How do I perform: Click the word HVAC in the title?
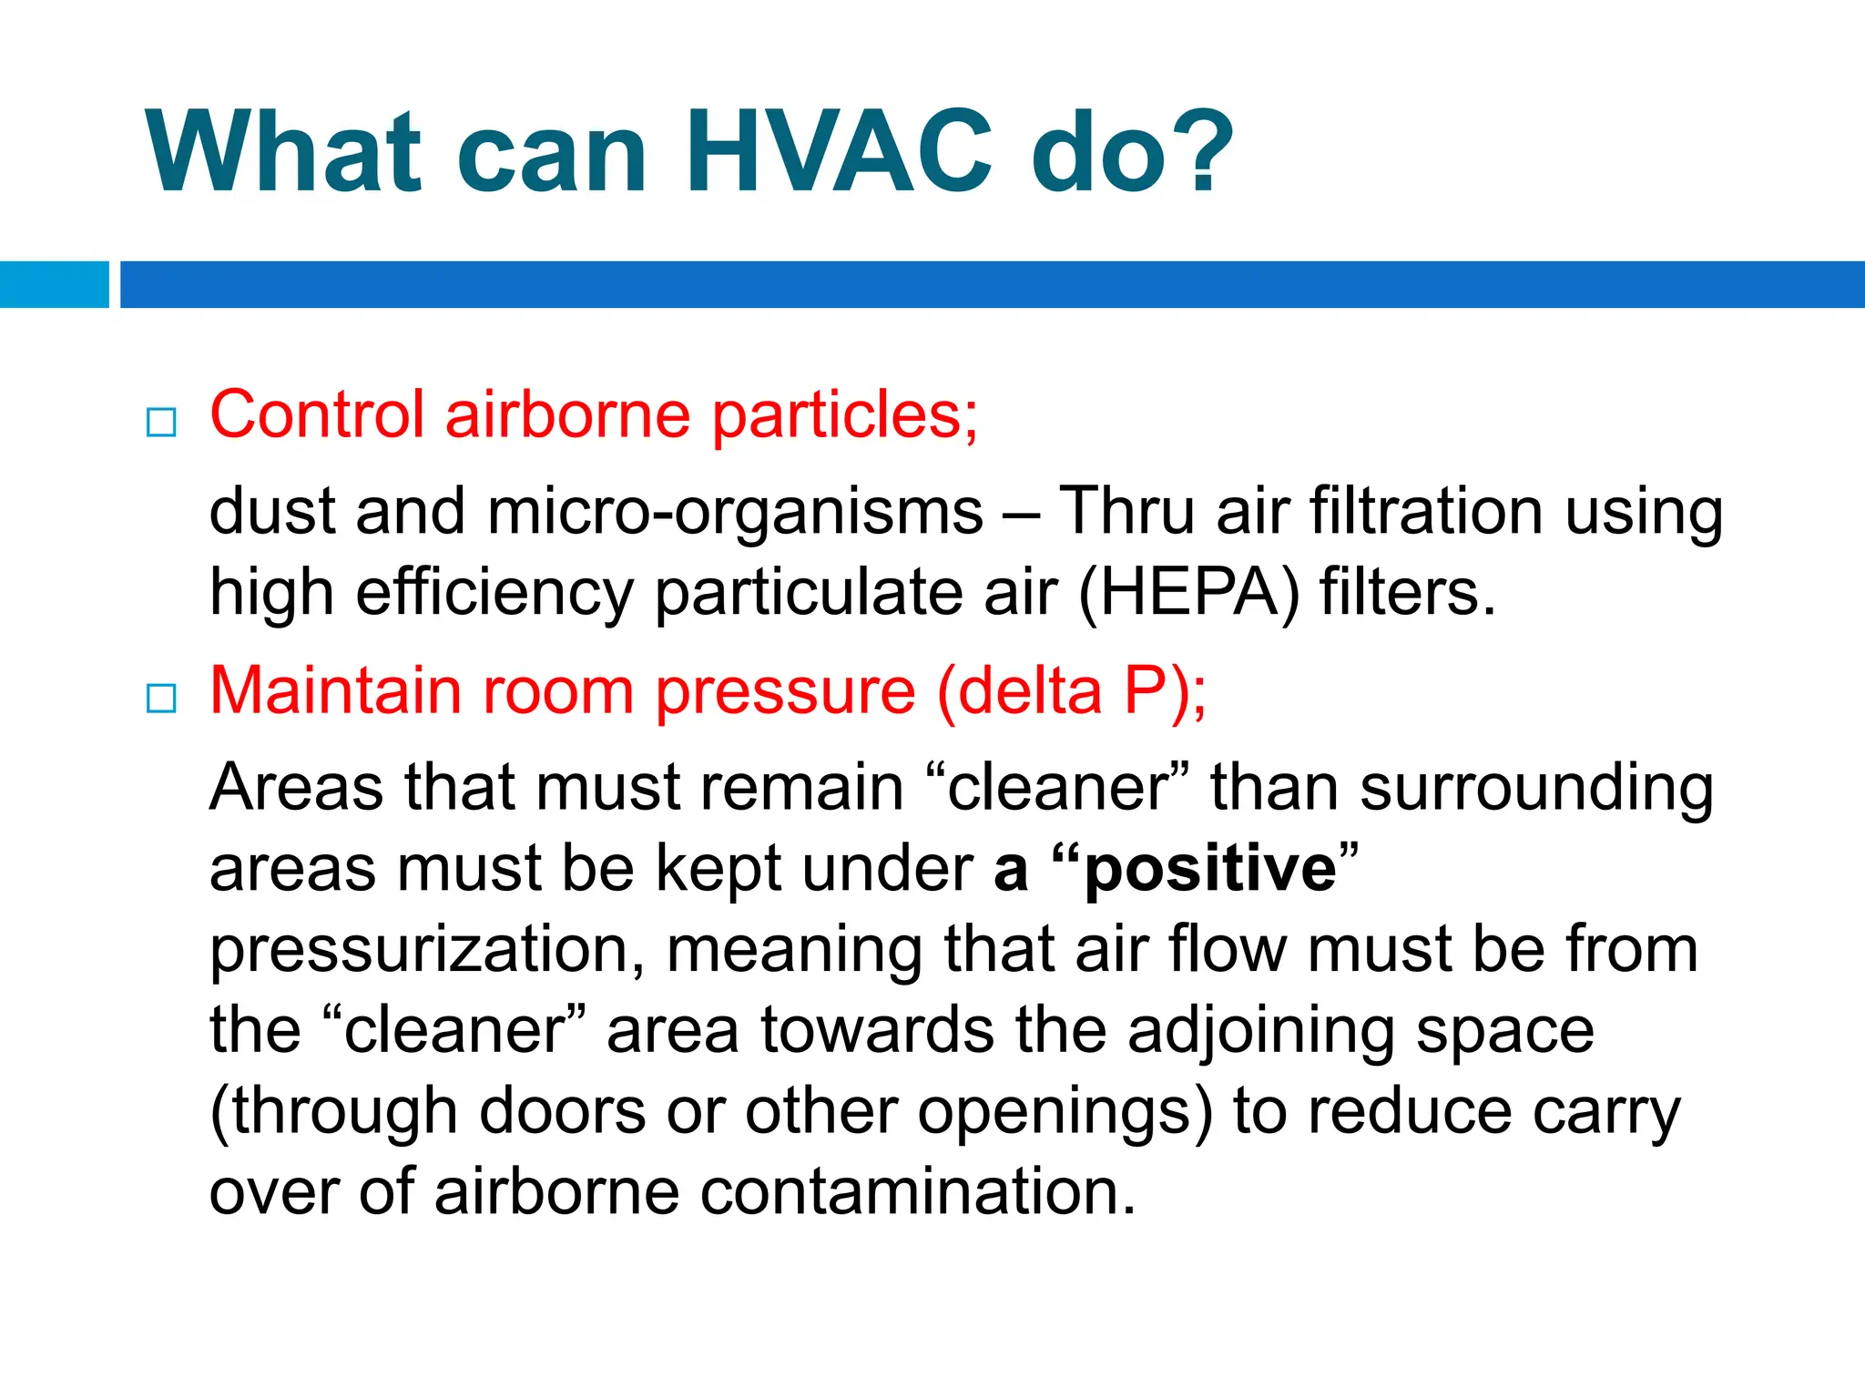point(838,153)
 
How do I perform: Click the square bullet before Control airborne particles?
point(161,422)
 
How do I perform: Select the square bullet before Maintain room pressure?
point(161,699)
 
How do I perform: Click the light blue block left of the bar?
point(54,284)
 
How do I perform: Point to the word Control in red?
point(317,415)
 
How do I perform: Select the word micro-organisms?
point(735,512)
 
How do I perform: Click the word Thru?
point(1126,510)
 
